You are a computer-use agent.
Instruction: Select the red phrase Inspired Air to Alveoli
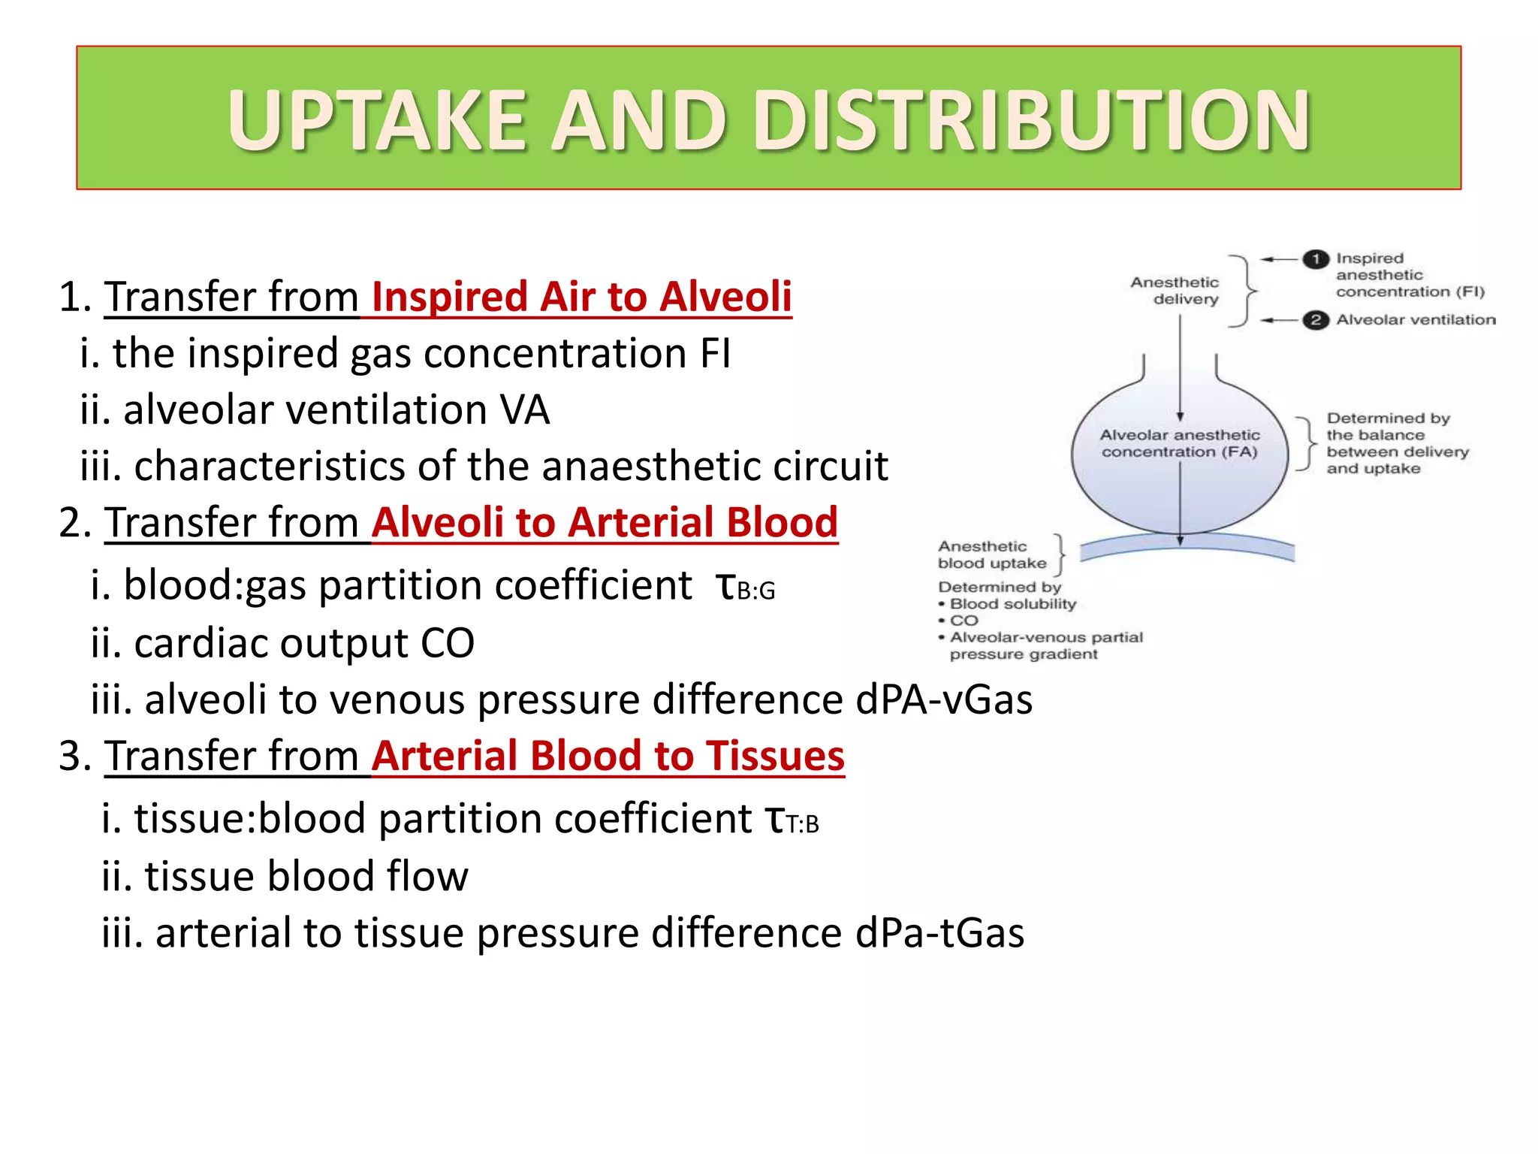pyautogui.click(x=581, y=296)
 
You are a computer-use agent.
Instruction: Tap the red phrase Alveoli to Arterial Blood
pyautogui.click(x=605, y=522)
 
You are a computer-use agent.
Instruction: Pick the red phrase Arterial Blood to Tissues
pyautogui.click(x=608, y=756)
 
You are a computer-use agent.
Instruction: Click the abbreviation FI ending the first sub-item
pyautogui.click(x=714, y=353)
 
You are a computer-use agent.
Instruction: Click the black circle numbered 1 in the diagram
pyautogui.click(x=1315, y=259)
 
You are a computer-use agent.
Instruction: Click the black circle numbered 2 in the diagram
pyautogui.click(x=1315, y=320)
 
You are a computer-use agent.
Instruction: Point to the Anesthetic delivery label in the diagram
pyautogui.click(x=1176, y=291)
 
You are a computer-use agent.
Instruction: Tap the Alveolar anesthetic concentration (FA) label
pyautogui.click(x=1179, y=443)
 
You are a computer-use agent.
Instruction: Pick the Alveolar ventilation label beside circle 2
pyautogui.click(x=1416, y=320)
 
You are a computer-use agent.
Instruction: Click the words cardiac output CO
pyautogui.click(x=303, y=643)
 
